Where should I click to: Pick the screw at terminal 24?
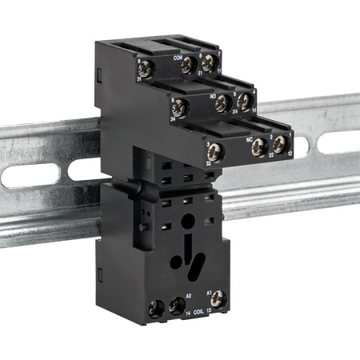click(223, 103)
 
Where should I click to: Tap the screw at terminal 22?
click(261, 146)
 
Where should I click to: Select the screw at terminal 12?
click(280, 145)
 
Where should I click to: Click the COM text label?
click(178, 58)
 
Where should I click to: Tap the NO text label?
click(213, 97)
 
